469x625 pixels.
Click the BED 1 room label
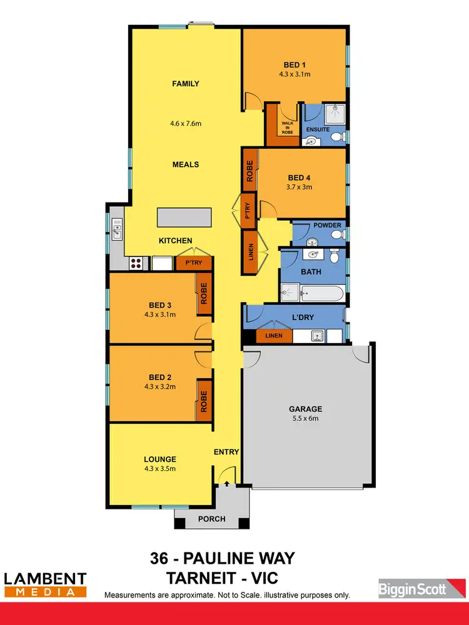click(x=294, y=65)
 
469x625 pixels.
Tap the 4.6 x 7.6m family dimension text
click(x=186, y=123)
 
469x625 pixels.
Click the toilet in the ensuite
click(x=336, y=137)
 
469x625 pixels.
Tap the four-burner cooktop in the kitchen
click(x=137, y=264)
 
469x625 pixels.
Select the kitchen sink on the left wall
click(x=116, y=230)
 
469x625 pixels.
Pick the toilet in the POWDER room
click(x=336, y=234)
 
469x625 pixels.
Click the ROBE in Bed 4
click(x=250, y=169)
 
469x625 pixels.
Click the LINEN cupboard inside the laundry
click(x=274, y=336)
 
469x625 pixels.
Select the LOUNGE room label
click(x=159, y=459)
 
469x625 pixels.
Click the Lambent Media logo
click(x=45, y=584)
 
